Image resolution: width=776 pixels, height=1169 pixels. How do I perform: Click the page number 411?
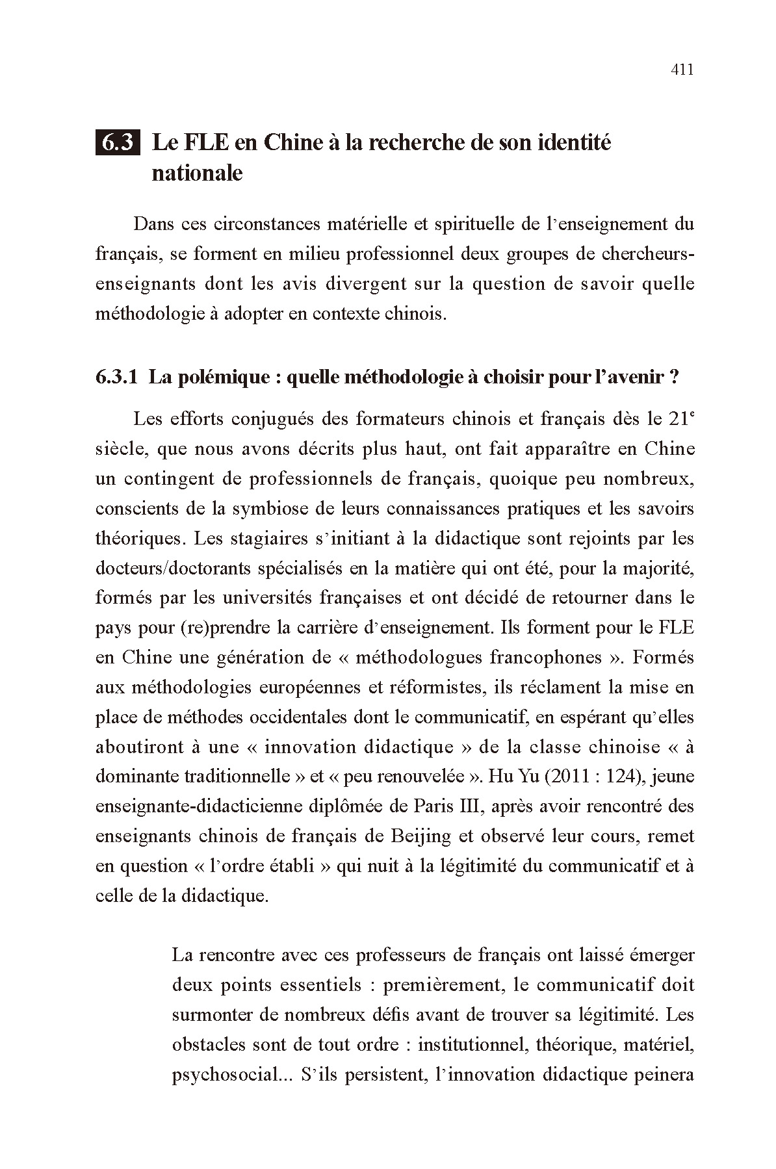(x=682, y=70)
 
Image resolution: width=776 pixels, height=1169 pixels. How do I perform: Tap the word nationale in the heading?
(x=197, y=173)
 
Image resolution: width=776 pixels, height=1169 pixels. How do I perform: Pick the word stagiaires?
(x=252, y=538)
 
